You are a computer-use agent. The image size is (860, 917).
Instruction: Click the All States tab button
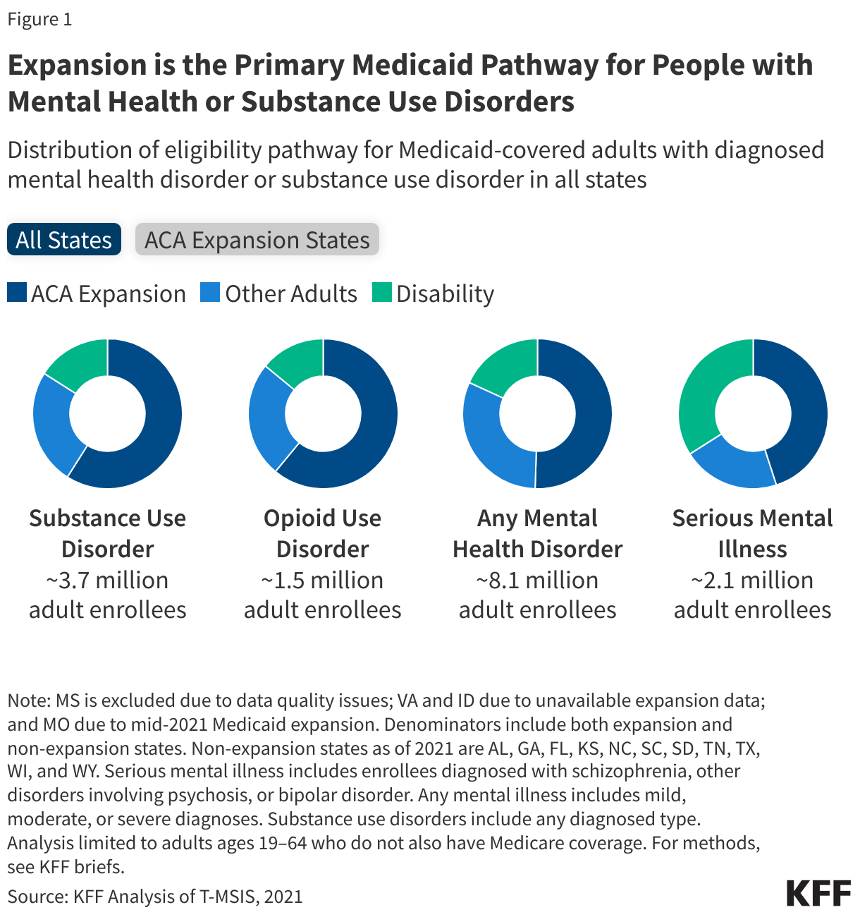tap(63, 240)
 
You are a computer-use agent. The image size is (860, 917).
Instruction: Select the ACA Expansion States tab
tap(257, 240)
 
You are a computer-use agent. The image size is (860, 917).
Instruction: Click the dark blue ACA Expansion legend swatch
tap(17, 293)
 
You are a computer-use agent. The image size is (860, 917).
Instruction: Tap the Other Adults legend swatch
tap(210, 293)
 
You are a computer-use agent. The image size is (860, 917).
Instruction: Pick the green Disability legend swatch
tap(381, 293)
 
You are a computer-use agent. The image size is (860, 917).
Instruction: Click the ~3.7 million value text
tap(107, 580)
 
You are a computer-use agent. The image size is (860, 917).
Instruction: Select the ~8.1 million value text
tap(537, 580)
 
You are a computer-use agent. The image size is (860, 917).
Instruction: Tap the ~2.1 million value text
tap(752, 580)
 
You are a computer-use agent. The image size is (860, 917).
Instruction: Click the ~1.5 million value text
tap(322, 580)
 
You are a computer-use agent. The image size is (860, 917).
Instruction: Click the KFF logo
tap(818, 893)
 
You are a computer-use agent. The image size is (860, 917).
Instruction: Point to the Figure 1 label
tap(39, 19)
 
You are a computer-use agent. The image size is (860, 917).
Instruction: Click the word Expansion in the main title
tap(77, 65)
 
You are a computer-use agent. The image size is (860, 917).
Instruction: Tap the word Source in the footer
tap(35, 897)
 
